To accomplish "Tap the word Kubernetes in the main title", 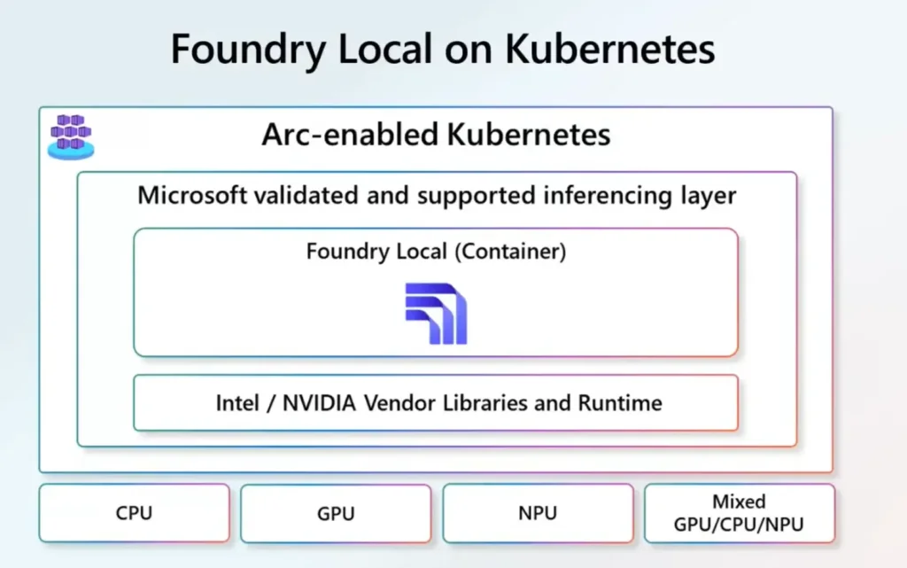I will (x=610, y=49).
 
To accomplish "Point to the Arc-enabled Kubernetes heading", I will (x=436, y=135).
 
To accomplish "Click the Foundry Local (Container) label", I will (x=436, y=252).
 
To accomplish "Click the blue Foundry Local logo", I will (x=436, y=314).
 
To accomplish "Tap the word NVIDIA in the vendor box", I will (x=319, y=403).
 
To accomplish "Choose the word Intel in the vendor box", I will (x=238, y=403).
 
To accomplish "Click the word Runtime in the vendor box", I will (x=620, y=403).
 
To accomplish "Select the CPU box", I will (x=134, y=513).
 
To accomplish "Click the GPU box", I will (x=336, y=513).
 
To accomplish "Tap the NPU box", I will (x=538, y=513).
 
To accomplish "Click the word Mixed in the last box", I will (x=739, y=502).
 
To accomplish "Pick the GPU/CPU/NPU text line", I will (x=739, y=524).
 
